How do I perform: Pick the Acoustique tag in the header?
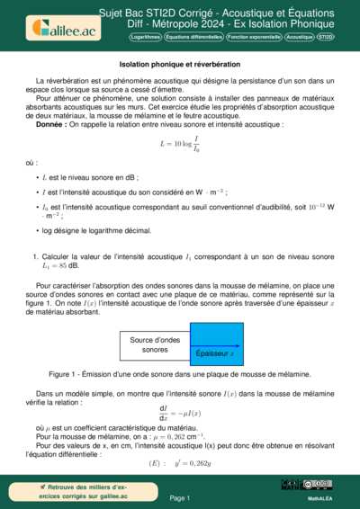pos(299,38)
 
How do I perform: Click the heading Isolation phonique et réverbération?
pos(179,65)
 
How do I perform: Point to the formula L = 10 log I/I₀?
pos(179,142)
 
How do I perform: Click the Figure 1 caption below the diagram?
pos(179,373)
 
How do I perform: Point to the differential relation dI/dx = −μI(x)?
pos(179,414)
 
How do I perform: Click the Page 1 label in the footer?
pos(179,496)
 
